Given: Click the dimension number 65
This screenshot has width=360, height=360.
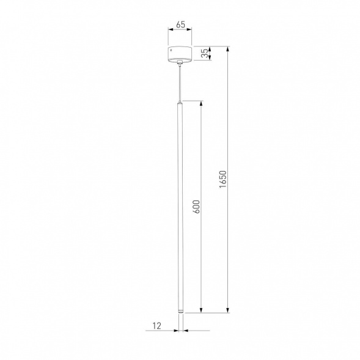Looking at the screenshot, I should tap(180, 25).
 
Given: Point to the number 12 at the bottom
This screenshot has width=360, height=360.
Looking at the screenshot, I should tap(157, 326).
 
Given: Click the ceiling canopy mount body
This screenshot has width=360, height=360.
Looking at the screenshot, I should tap(180, 53).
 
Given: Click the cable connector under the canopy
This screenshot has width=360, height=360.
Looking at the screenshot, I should tap(180, 63).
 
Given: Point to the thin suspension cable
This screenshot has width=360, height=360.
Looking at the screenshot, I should tap(180, 83).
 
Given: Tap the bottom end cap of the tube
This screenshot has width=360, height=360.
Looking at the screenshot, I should tap(180, 313).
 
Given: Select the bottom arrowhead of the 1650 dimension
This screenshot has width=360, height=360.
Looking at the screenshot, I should tap(229, 312).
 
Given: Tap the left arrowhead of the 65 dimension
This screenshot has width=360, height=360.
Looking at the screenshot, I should tap(171, 32).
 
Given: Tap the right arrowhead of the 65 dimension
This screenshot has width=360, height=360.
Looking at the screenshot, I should tap(190, 32).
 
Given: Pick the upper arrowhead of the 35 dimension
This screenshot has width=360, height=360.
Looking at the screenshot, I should tap(210, 45).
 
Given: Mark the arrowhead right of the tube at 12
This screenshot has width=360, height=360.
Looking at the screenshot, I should tap(185, 331).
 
